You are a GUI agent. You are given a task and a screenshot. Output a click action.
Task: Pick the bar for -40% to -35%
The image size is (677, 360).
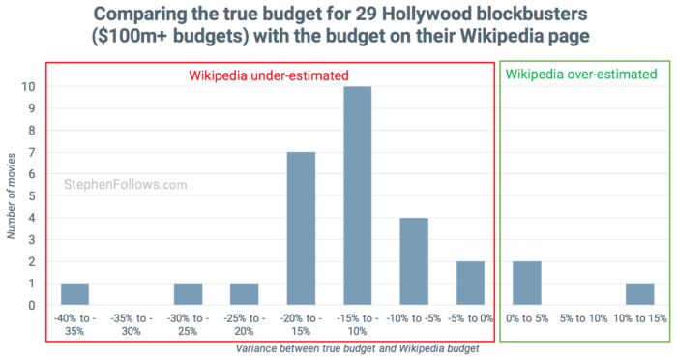(74, 295)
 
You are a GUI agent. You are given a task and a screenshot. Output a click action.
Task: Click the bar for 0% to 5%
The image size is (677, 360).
(526, 285)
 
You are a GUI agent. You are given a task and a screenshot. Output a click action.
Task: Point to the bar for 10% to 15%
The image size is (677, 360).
(639, 295)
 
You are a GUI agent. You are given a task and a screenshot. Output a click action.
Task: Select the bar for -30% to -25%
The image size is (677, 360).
(188, 295)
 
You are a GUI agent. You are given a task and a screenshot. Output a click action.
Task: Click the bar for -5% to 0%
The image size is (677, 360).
(470, 285)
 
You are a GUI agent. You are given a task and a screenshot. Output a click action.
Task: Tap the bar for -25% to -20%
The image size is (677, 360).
(244, 295)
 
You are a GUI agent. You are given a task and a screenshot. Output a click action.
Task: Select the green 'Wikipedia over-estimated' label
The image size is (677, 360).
(580, 75)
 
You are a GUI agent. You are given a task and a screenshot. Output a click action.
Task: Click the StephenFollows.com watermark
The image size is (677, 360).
(126, 183)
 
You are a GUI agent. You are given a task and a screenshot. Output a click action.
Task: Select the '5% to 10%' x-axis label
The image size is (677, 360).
(582, 317)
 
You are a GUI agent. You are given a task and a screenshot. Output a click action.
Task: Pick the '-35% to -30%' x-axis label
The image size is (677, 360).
(131, 323)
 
